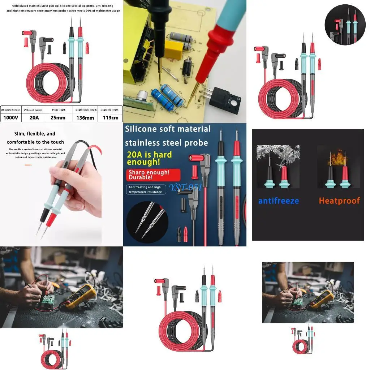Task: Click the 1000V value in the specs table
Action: pyautogui.click(x=11, y=118)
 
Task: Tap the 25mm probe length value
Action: pyautogui.click(x=59, y=118)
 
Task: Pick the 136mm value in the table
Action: pyautogui.click(x=85, y=118)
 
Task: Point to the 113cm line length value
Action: pyautogui.click(x=110, y=118)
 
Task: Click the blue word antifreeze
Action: pyautogui.click(x=279, y=201)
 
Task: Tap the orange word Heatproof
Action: pyautogui.click(x=339, y=201)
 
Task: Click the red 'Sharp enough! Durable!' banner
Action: pyautogui.click(x=153, y=175)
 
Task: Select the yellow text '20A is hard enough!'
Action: pyautogui.click(x=150, y=158)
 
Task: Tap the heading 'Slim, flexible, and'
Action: pyautogui.click(x=35, y=134)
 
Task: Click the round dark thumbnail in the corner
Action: pyautogui.click(x=345, y=25)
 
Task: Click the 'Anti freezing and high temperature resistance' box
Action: pyautogui.click(x=146, y=190)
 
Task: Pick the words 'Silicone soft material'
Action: pyautogui.click(x=168, y=129)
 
